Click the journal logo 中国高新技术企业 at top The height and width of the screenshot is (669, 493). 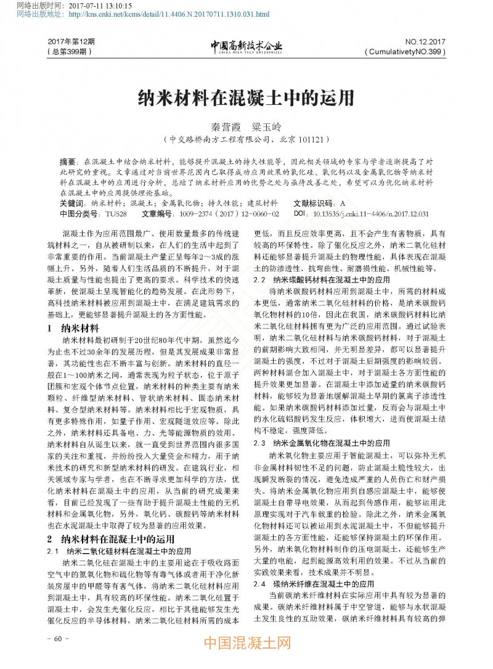(x=246, y=46)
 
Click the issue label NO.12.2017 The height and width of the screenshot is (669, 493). (x=425, y=41)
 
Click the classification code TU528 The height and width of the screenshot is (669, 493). (x=115, y=213)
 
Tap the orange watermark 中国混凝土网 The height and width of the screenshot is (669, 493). (x=246, y=645)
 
